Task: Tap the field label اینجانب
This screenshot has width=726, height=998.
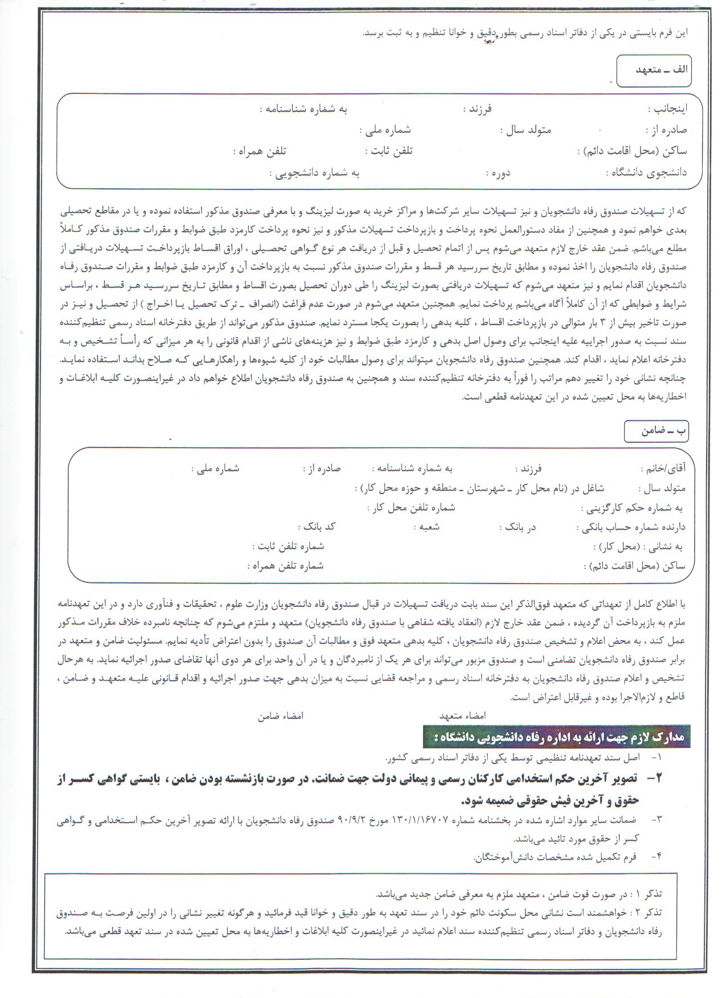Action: [667, 108]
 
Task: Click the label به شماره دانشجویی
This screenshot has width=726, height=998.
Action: [314, 173]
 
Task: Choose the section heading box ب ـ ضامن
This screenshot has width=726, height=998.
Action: [656, 430]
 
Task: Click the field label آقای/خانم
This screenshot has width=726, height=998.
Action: [663, 469]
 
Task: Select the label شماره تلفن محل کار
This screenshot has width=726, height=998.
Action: [411, 507]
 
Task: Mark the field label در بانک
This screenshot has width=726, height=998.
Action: [520, 527]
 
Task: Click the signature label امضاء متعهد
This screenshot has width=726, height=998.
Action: [462, 716]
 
